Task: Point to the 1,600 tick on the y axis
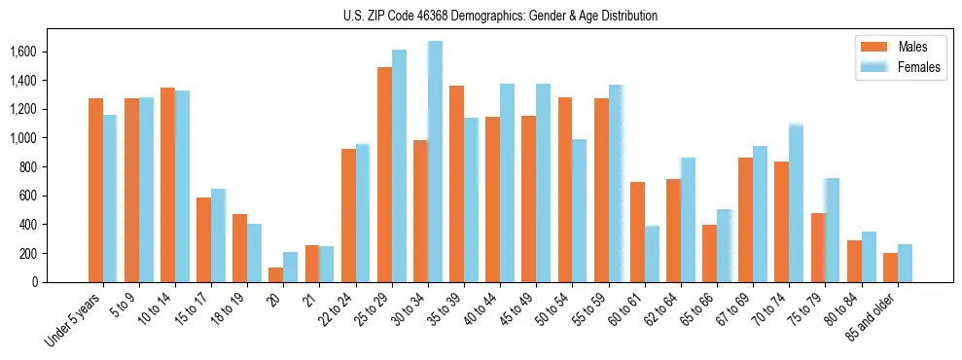[x=41, y=52]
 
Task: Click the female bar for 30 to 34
[x=435, y=162]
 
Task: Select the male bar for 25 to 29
[x=384, y=175]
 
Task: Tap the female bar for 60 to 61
[x=651, y=254]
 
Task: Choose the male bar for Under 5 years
[x=95, y=191]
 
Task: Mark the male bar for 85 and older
[x=890, y=268]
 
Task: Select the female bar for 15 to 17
[x=218, y=235]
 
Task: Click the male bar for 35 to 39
[x=456, y=184]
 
